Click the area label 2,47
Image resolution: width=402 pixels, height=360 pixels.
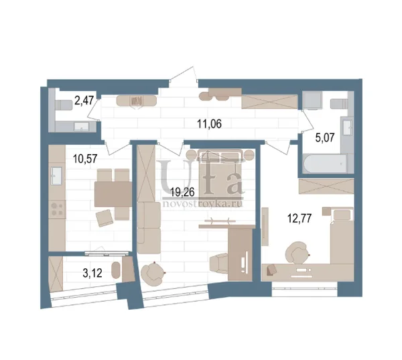point(84,101)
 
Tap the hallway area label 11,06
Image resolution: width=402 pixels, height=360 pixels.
point(209,124)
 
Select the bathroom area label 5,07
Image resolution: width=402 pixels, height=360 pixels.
point(325,138)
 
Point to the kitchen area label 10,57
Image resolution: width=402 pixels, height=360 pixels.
point(85,159)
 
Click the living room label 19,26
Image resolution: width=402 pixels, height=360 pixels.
point(182,192)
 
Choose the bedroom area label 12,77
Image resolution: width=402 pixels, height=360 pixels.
point(299,219)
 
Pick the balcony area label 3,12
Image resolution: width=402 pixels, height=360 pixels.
point(92,274)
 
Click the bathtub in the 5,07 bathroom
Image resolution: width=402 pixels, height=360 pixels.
point(325,164)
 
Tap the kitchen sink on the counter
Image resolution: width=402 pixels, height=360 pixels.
point(56,176)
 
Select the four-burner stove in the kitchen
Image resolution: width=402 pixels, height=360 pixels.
point(57,209)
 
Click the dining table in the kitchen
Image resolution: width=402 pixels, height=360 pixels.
point(113,194)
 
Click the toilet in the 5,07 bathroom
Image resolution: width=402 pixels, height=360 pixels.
point(339,104)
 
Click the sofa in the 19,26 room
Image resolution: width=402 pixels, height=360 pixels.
point(149,228)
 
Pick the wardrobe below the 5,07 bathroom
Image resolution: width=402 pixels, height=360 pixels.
point(326,186)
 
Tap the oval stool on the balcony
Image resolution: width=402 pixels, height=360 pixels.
point(116,270)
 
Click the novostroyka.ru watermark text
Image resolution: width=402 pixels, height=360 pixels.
point(202,204)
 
